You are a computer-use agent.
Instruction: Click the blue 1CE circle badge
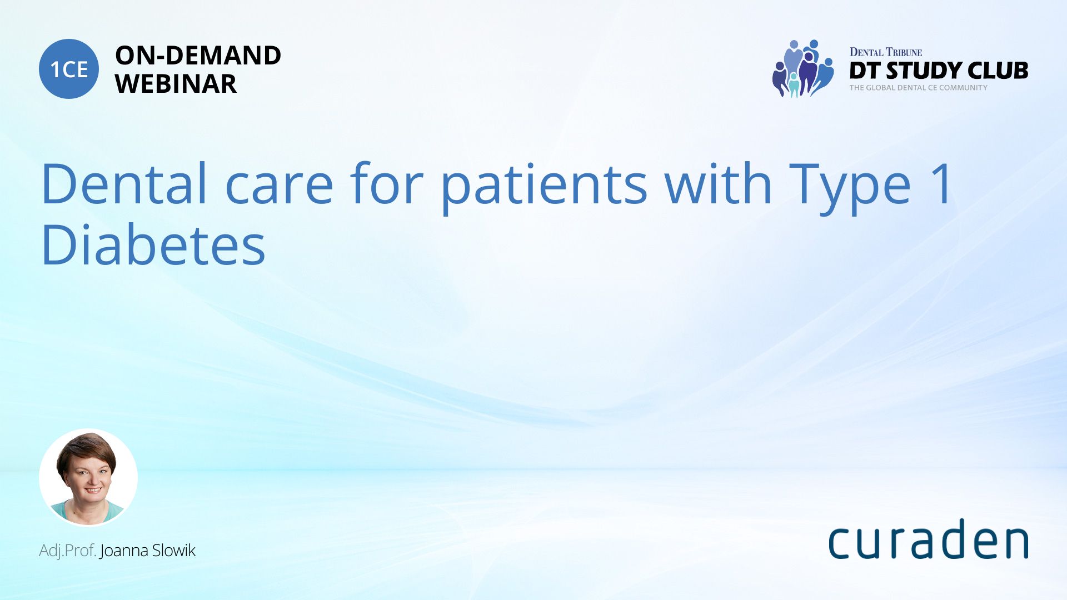point(69,69)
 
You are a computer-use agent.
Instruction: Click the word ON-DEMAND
point(198,56)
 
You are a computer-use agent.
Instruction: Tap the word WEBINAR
point(176,84)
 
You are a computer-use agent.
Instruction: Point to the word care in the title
point(279,188)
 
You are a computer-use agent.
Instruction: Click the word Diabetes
point(153,244)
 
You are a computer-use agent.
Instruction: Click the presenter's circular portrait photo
point(88,478)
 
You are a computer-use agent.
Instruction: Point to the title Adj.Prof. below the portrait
point(68,551)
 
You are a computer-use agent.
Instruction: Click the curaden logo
point(928,539)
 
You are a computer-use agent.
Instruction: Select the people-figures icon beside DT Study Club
point(802,69)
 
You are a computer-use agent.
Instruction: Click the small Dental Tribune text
point(886,52)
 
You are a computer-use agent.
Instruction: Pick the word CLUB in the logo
point(998,71)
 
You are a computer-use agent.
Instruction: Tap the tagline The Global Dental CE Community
point(919,88)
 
